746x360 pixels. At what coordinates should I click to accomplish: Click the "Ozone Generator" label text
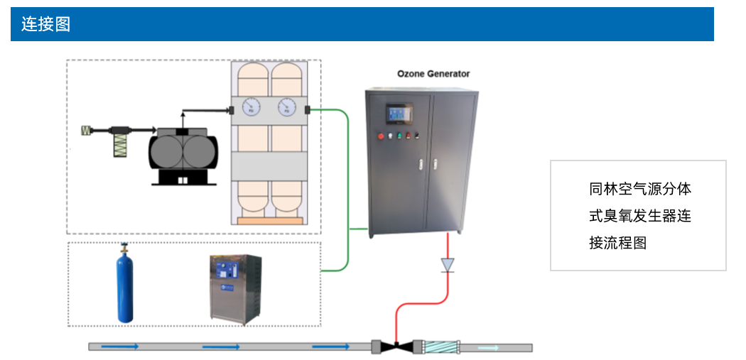(x=433, y=74)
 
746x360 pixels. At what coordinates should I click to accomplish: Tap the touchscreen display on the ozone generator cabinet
(x=398, y=113)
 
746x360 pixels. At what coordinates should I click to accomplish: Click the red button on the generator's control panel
(x=382, y=136)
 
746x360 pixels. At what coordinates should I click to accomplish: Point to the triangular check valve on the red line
(x=447, y=265)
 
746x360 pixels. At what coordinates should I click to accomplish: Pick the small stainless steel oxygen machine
(x=237, y=288)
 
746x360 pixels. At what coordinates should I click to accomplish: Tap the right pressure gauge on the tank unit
(x=287, y=108)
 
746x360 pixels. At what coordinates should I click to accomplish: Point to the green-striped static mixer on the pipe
(x=440, y=347)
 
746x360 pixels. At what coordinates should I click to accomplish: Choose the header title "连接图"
(x=45, y=24)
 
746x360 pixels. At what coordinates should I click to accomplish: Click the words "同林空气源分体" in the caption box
(x=639, y=189)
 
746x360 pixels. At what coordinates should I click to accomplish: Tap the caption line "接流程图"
(x=618, y=243)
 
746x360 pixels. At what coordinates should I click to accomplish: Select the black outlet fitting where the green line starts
(x=308, y=109)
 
